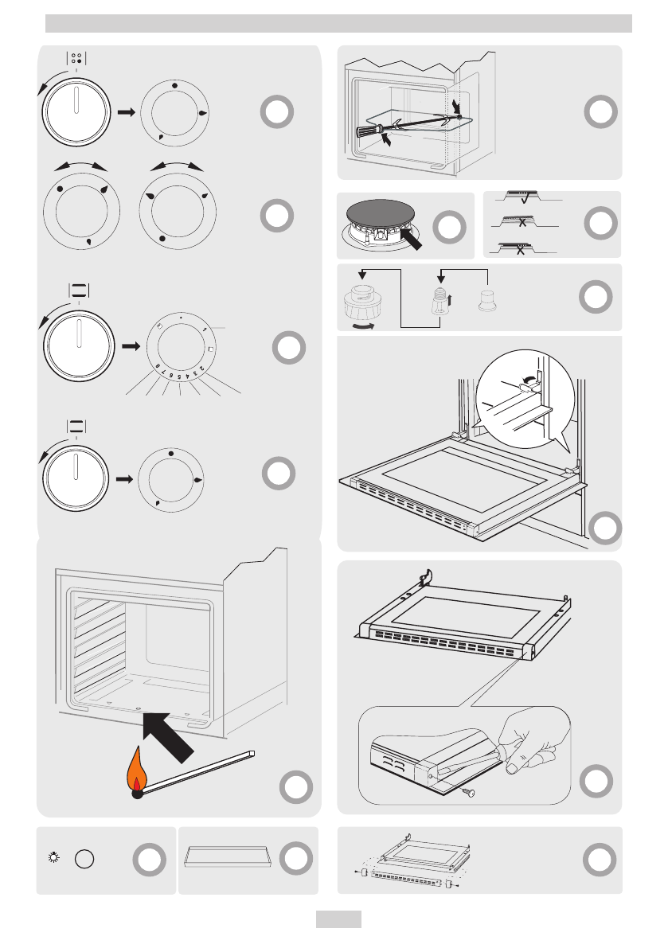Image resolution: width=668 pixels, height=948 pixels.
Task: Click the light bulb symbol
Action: click(54, 859)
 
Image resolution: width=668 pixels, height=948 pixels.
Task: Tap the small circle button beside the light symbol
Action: click(84, 860)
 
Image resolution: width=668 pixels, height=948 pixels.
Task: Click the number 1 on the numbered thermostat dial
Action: click(205, 329)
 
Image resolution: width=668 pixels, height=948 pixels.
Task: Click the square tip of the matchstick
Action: click(252, 752)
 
